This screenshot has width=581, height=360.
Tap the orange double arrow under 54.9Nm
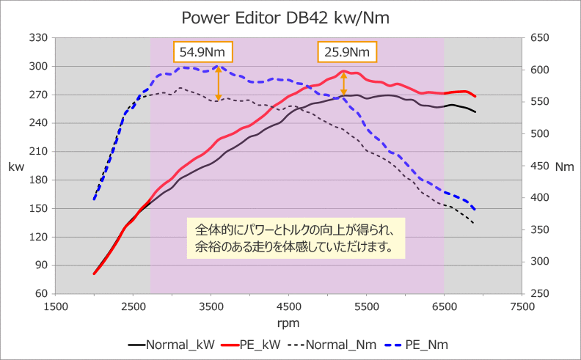(x=218, y=83)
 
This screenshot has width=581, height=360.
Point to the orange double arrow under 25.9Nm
(x=343, y=84)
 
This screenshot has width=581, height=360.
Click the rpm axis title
(x=288, y=323)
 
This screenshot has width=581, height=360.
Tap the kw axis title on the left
(x=16, y=166)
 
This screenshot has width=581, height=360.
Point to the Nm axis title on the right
(x=564, y=167)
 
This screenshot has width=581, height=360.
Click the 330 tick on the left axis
(x=38, y=37)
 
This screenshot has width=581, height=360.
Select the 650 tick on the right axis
(x=540, y=37)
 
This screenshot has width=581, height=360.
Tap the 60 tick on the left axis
(x=41, y=294)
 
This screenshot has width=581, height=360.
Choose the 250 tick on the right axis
(x=540, y=294)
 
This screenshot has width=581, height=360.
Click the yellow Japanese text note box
(x=296, y=238)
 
